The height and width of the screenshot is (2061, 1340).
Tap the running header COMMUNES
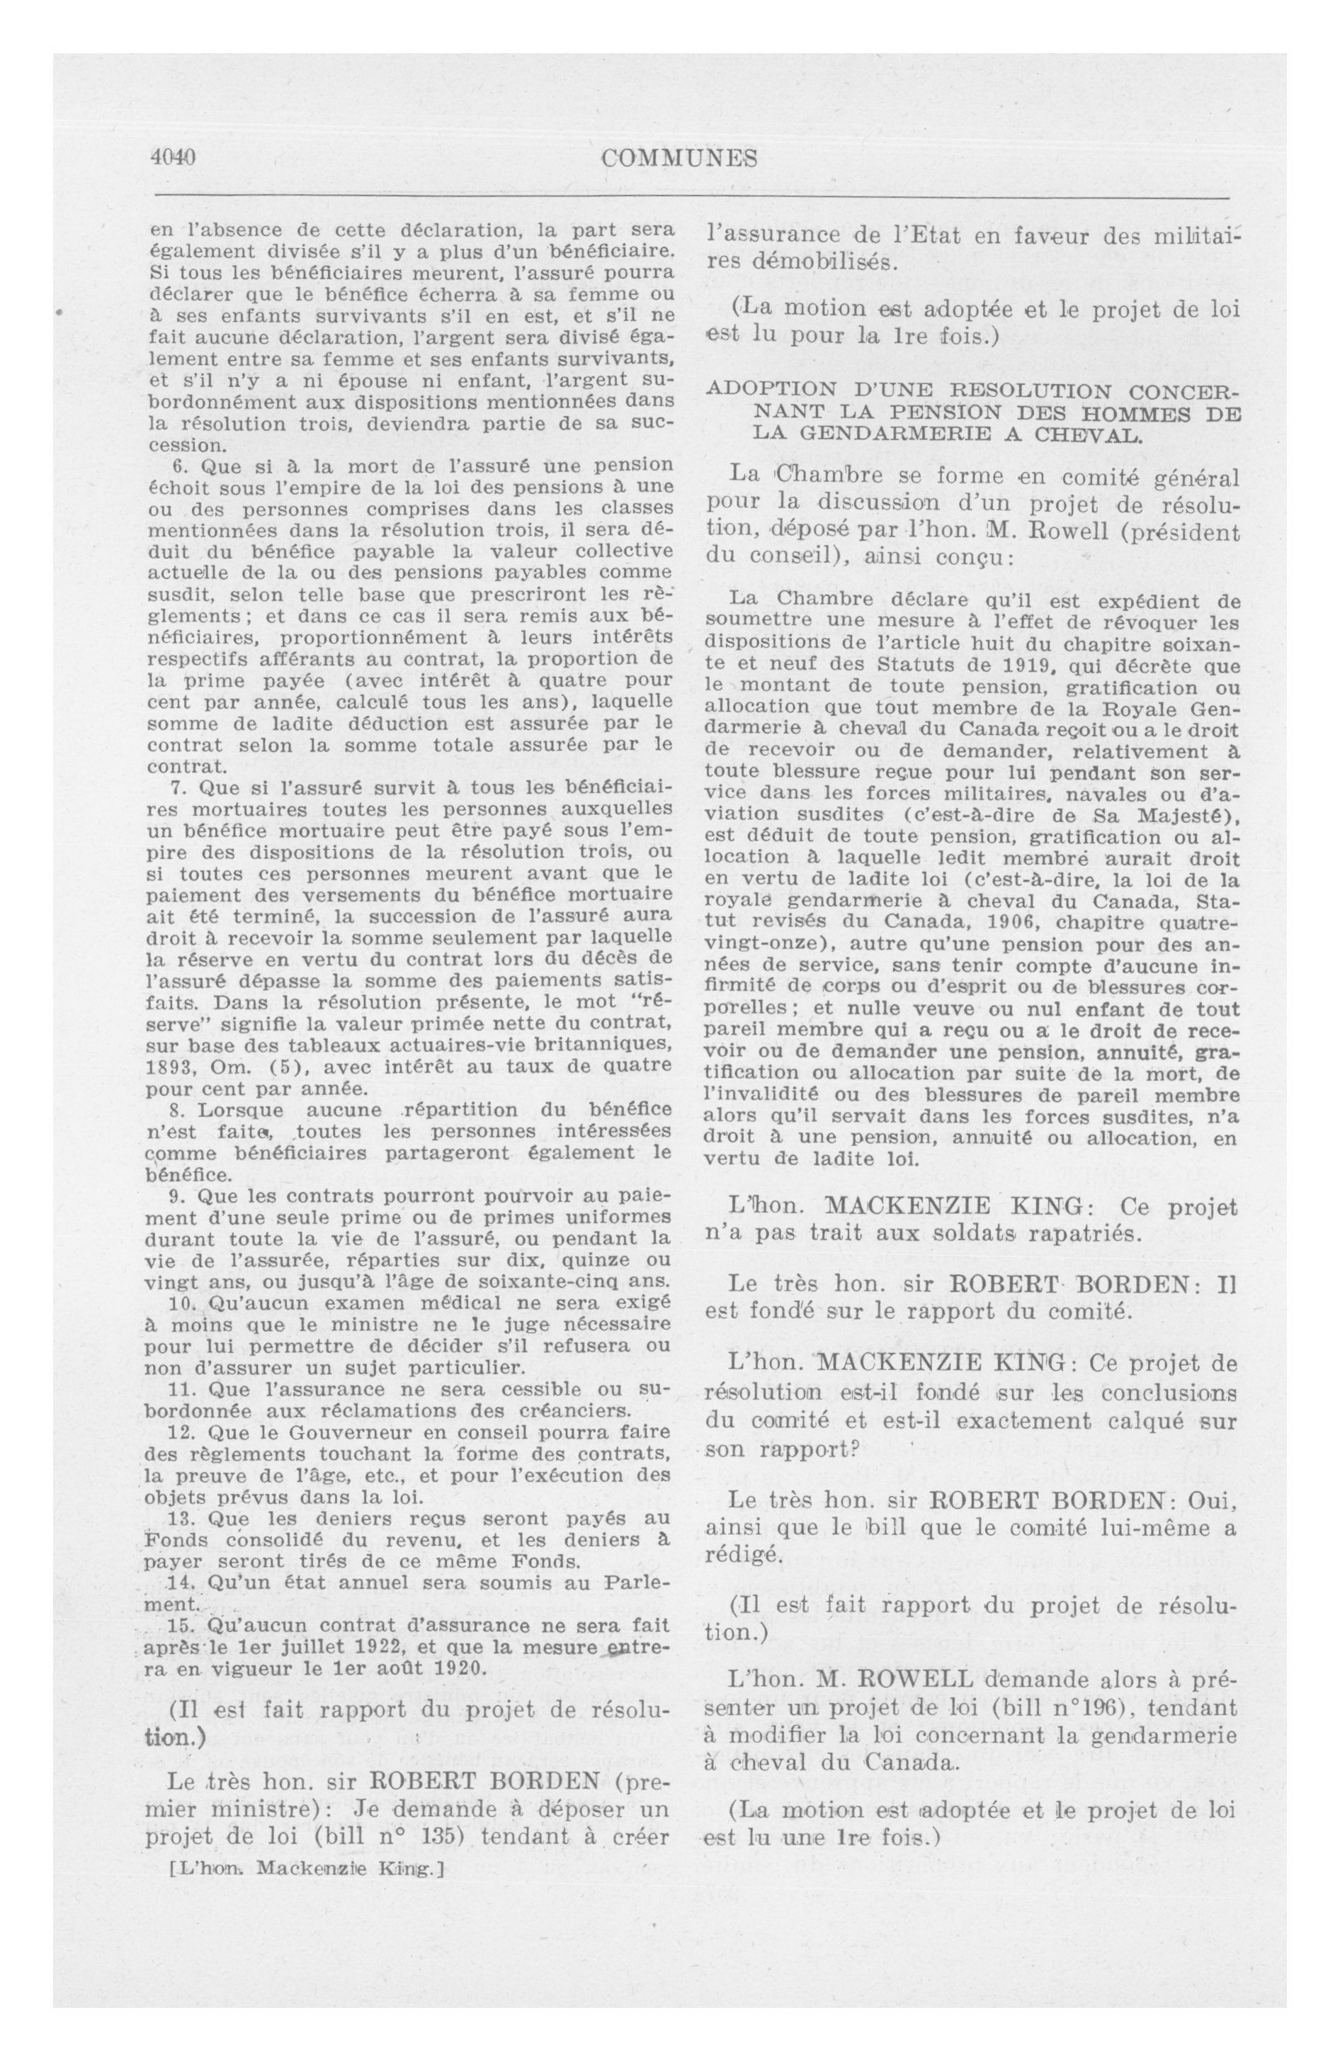[x=679, y=159]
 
